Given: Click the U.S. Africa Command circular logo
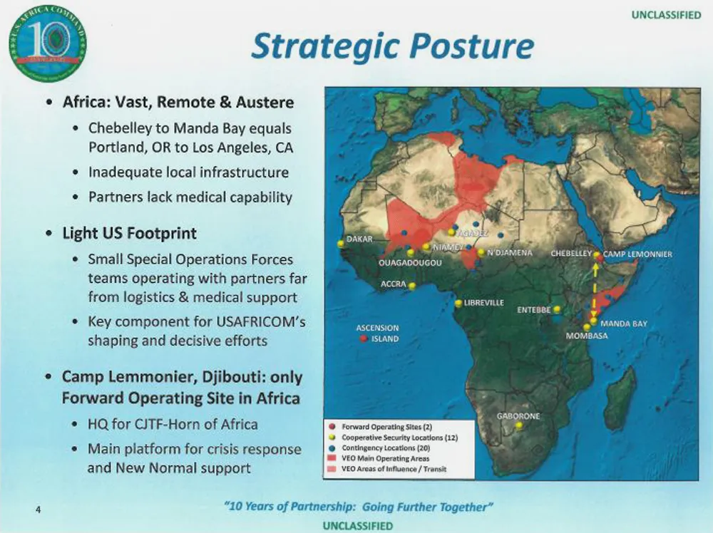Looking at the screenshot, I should (x=47, y=43).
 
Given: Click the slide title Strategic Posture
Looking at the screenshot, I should (x=392, y=46).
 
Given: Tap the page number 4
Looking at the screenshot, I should (x=37, y=509).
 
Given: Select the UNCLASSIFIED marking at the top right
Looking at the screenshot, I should (x=666, y=15).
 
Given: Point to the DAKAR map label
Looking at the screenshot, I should (x=360, y=239).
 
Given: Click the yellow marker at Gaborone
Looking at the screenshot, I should (x=519, y=425).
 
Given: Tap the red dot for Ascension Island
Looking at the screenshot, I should (x=363, y=339).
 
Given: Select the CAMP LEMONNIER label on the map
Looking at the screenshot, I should (x=638, y=254).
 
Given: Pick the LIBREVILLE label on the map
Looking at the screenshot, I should (x=484, y=303).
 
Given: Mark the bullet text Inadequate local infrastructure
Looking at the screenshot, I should (x=188, y=172).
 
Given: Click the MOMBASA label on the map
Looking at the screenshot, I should (x=586, y=336).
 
